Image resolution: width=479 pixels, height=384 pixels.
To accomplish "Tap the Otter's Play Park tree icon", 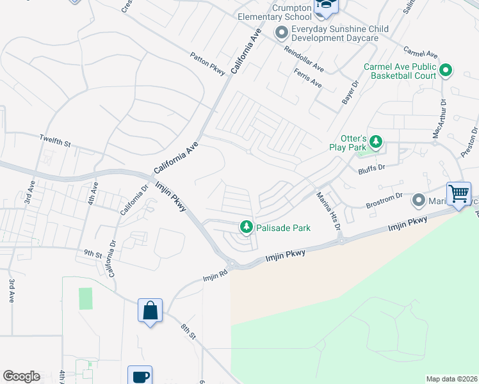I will click(x=377, y=141).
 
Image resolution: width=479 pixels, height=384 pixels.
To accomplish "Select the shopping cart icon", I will click(x=459, y=193).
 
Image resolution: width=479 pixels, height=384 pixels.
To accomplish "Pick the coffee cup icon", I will click(x=140, y=376).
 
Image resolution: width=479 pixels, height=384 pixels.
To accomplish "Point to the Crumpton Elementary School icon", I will click(x=326, y=6).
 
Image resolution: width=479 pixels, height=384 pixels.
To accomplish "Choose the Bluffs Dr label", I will click(x=371, y=168).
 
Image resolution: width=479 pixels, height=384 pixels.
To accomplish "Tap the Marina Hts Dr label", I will click(x=329, y=211).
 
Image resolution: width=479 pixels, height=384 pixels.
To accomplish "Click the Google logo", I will click(x=21, y=376).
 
